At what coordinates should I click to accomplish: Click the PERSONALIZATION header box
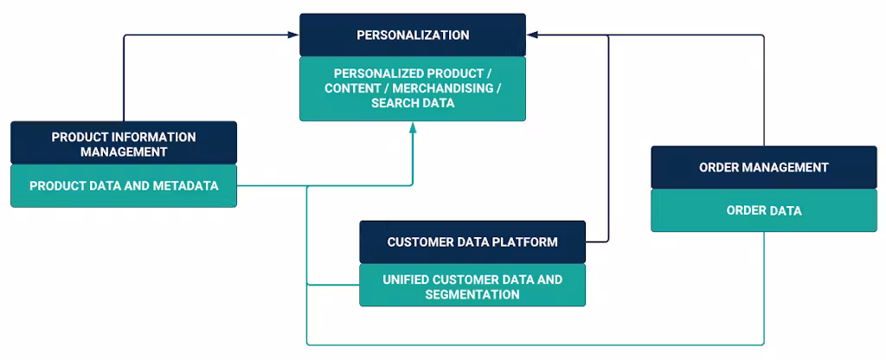pyautogui.click(x=413, y=35)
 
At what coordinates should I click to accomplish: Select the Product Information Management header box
pyautogui.click(x=124, y=144)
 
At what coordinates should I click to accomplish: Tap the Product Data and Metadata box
pyautogui.click(x=124, y=186)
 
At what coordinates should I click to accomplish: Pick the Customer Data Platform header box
pyautogui.click(x=472, y=242)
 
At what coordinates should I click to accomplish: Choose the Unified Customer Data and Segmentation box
pyautogui.click(x=472, y=286)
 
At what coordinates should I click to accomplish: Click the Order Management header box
pyautogui.click(x=764, y=168)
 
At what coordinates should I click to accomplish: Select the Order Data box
pyautogui.click(x=764, y=210)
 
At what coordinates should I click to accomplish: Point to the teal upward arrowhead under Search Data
pyautogui.click(x=413, y=127)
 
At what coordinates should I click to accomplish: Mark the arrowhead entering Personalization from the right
pyautogui.click(x=531, y=35)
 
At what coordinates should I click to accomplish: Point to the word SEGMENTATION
pyautogui.click(x=472, y=294)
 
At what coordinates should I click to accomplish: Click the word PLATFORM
pyautogui.click(x=527, y=242)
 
